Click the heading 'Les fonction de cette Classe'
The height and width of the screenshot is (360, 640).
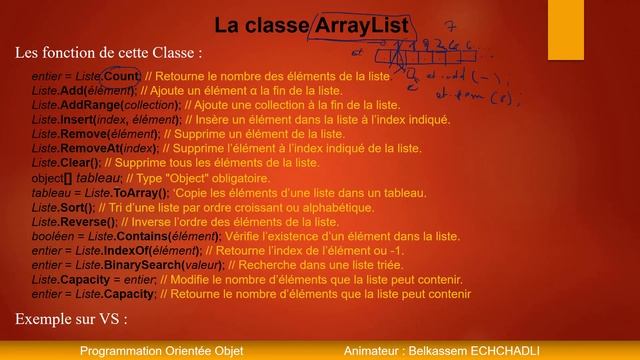tap(109, 52)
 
